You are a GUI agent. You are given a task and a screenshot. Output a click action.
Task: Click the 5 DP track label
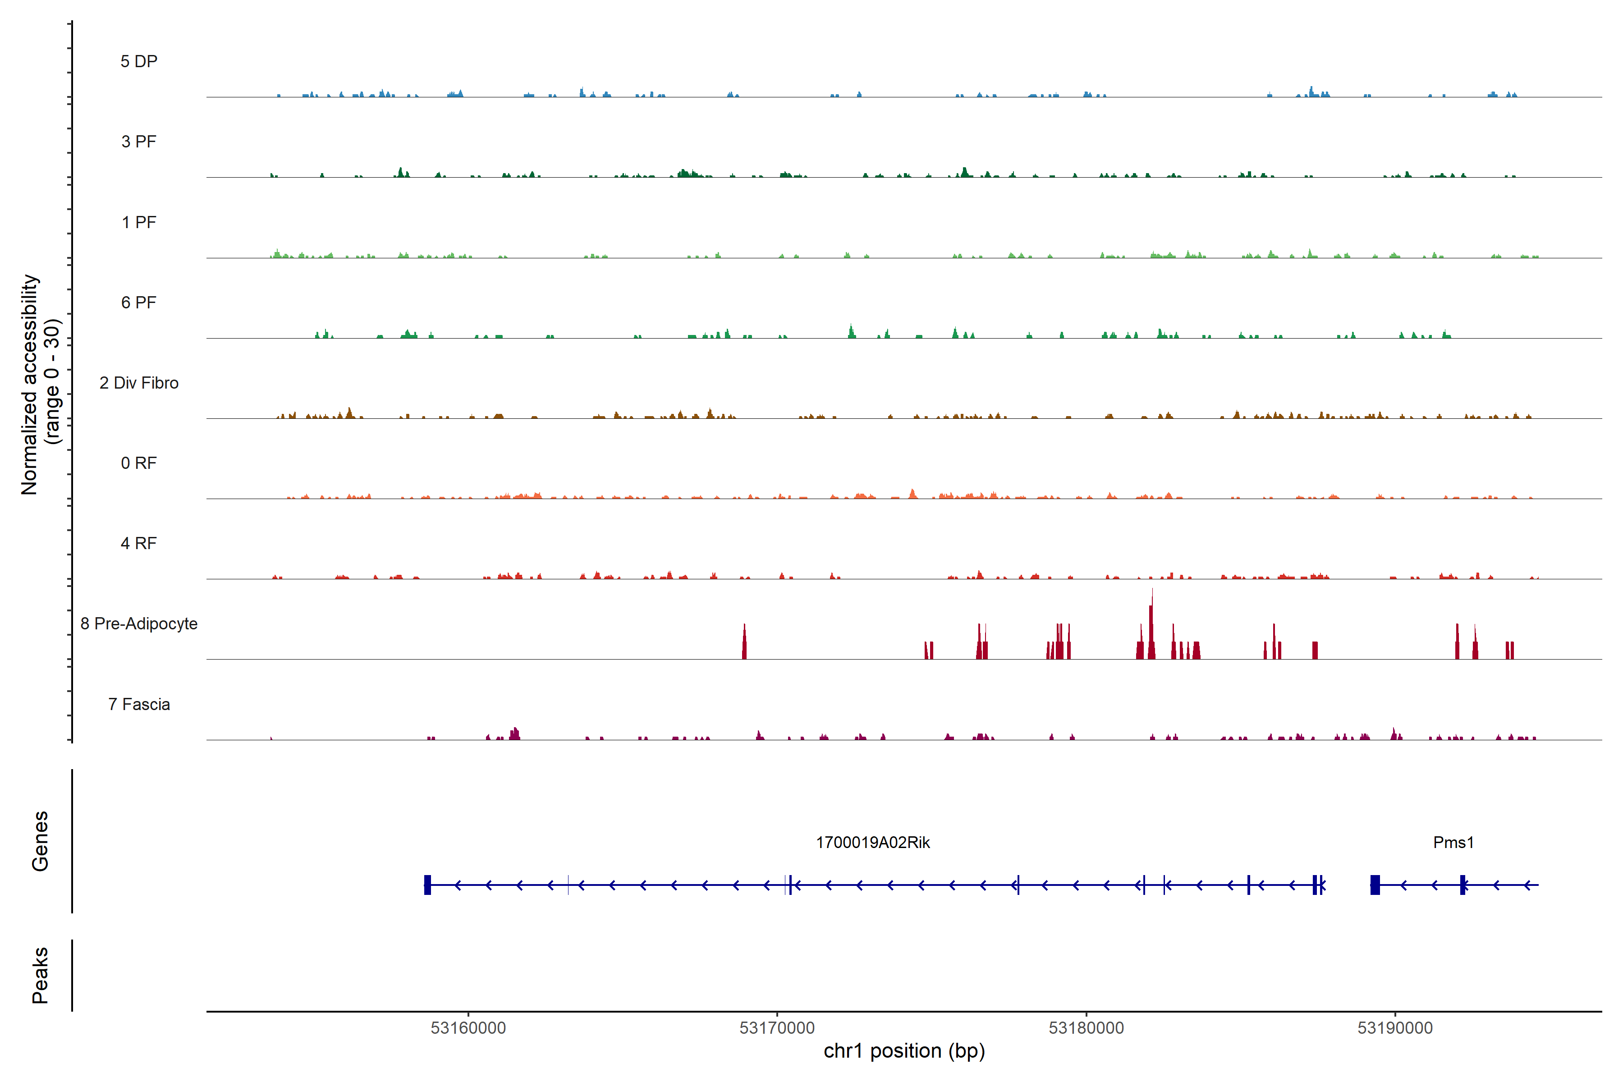[x=139, y=61]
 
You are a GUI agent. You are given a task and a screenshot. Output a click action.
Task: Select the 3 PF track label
[x=139, y=142]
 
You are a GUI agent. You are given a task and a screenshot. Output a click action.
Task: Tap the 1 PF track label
[x=139, y=222]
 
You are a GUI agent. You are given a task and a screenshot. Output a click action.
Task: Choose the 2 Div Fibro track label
[x=139, y=383]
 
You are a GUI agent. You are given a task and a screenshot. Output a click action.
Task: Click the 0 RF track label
[x=139, y=463]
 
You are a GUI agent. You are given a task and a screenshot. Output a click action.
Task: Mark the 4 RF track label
[x=139, y=543]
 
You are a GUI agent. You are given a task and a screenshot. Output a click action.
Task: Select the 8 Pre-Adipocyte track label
[x=139, y=624]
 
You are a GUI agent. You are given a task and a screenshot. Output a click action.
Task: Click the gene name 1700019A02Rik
[x=872, y=843]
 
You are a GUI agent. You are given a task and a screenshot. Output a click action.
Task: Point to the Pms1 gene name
[x=1453, y=843]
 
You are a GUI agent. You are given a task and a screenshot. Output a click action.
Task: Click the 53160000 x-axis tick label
[x=468, y=1028]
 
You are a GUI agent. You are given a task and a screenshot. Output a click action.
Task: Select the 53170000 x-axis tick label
[x=777, y=1028]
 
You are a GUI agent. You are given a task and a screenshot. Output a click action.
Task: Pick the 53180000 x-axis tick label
[x=1086, y=1028]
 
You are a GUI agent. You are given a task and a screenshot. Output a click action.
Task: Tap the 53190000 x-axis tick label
[x=1394, y=1028]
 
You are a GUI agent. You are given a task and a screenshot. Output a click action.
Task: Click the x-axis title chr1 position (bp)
[x=904, y=1051]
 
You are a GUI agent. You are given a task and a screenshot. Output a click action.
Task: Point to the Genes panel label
[x=40, y=841]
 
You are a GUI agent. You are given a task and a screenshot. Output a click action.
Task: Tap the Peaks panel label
[x=40, y=975]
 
